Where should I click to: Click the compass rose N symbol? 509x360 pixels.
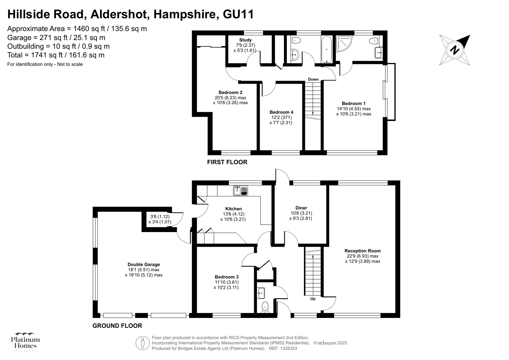click(455, 50)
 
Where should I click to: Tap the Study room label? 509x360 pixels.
click(245, 40)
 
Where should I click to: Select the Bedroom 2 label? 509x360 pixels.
click(230, 93)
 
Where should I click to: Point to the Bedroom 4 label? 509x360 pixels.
click(281, 112)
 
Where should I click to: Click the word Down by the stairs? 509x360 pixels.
click(313, 79)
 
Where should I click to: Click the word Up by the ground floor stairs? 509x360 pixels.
click(313, 299)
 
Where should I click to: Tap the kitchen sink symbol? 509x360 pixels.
click(241, 191)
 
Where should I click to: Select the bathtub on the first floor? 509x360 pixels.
click(327, 49)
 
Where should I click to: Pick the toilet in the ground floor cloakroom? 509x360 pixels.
click(265, 307)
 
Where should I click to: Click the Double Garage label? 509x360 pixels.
click(144, 265)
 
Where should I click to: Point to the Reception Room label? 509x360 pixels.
click(363, 251)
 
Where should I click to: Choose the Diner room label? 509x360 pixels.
click(301, 208)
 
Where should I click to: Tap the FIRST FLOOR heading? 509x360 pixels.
click(227, 162)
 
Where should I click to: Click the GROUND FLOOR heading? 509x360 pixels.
click(117, 326)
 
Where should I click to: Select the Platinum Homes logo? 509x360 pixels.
click(25, 342)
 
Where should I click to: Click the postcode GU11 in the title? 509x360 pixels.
click(238, 14)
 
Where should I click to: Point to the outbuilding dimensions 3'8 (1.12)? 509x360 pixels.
click(160, 216)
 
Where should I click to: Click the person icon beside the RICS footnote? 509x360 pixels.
click(143, 343)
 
